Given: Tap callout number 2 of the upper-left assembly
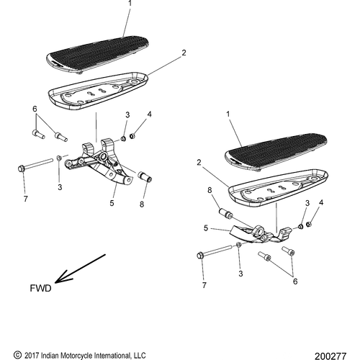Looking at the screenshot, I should click(x=184, y=53).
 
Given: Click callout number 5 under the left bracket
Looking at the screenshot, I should click(x=112, y=203).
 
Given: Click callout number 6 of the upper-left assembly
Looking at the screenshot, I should click(x=33, y=108).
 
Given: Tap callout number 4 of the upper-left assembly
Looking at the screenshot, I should click(x=150, y=114).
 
